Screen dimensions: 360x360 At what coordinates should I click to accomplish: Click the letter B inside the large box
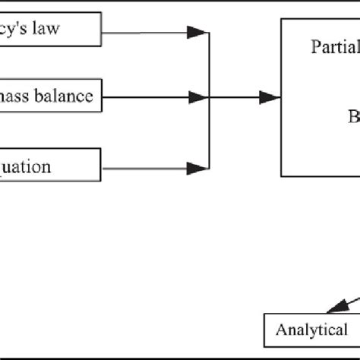(353, 117)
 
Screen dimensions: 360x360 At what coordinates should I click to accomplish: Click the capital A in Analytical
(280, 330)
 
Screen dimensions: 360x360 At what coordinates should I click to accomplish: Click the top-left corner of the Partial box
(282, 18)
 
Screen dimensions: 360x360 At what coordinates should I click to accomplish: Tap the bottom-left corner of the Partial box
(282, 176)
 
